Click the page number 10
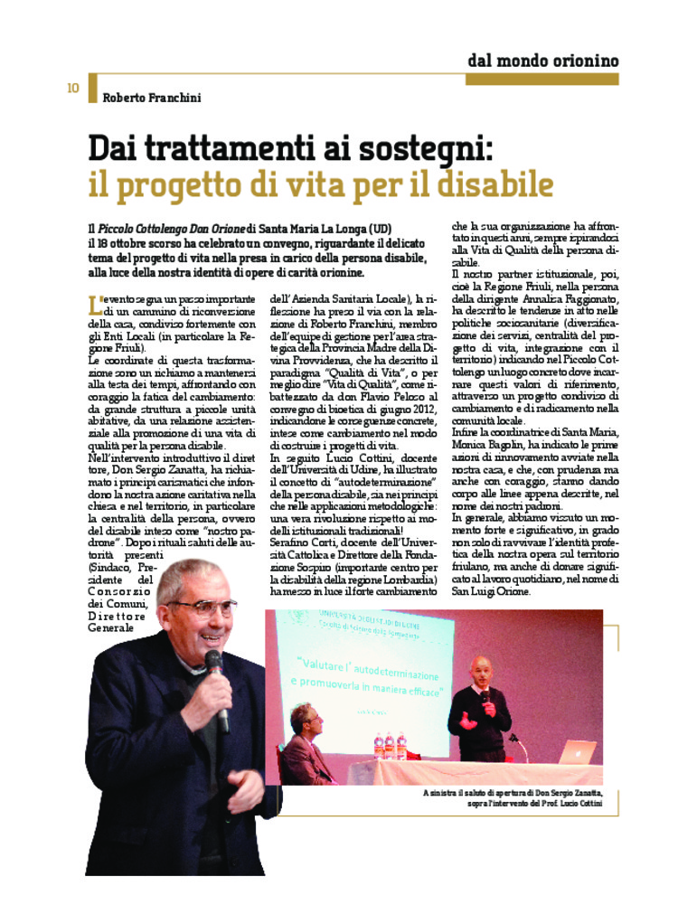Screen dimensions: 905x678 point(72,88)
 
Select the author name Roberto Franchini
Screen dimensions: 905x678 point(151,98)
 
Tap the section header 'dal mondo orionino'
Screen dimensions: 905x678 point(542,61)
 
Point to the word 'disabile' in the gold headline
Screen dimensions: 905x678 point(495,184)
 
